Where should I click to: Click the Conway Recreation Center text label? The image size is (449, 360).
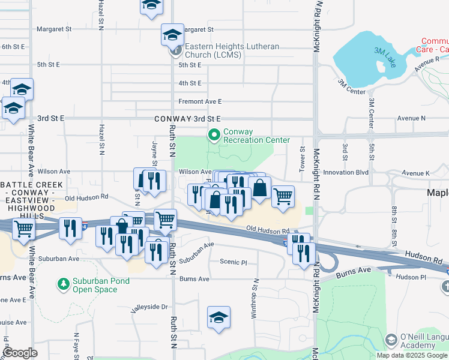[256, 136]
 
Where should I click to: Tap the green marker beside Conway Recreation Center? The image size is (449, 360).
[214, 136]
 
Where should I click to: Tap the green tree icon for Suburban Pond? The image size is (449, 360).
[63, 283]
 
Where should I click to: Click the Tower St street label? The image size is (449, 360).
[303, 157]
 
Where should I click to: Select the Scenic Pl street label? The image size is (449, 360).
[234, 262]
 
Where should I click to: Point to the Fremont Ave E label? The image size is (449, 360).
[200, 101]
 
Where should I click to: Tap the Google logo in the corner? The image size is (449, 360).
[20, 353]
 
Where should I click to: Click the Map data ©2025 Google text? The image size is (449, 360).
[412, 355]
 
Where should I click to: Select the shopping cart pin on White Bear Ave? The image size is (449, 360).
[23, 227]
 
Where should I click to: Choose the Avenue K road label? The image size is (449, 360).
[416, 173]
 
